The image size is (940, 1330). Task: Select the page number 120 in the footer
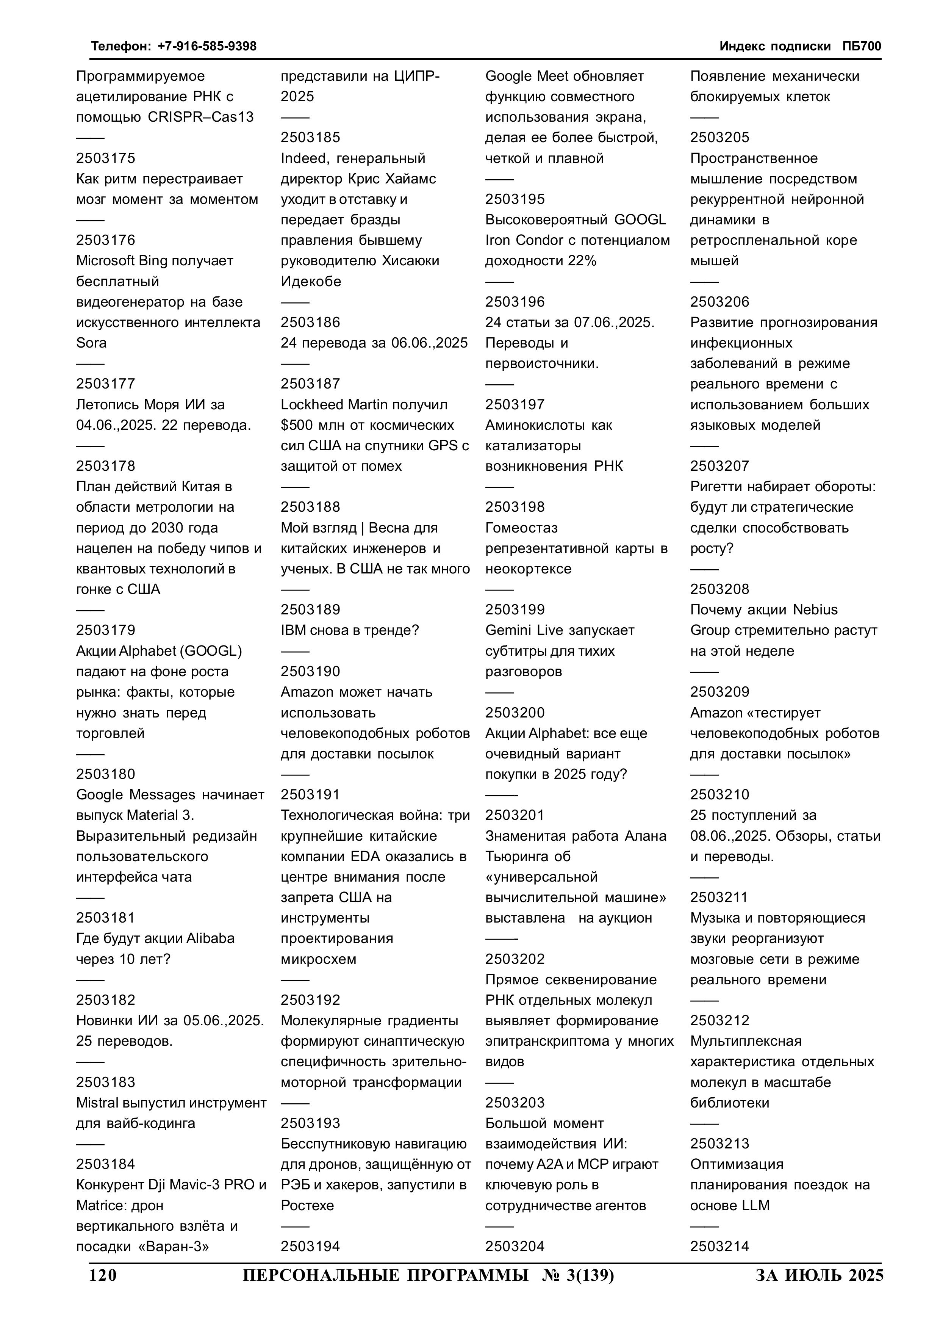103,1275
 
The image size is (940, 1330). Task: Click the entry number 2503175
105,158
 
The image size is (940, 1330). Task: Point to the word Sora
92,343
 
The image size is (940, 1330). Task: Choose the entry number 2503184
105,1164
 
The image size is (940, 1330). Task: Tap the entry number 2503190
310,671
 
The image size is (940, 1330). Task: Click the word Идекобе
311,282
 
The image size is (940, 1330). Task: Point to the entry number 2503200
515,713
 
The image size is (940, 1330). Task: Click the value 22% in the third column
582,261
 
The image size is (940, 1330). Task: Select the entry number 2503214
719,1246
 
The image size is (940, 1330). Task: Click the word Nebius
815,610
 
